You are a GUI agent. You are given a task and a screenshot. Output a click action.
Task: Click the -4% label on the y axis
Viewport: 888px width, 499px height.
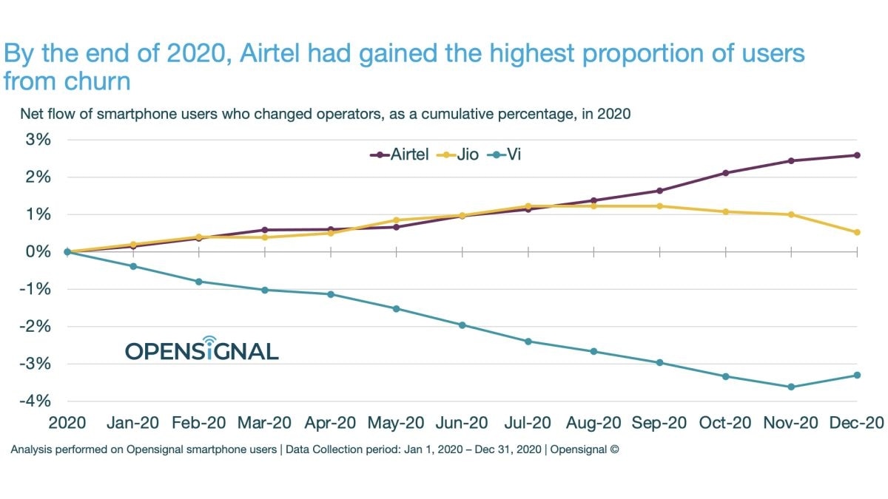(x=36, y=401)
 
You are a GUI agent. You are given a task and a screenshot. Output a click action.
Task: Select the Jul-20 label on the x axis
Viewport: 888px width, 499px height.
(x=528, y=424)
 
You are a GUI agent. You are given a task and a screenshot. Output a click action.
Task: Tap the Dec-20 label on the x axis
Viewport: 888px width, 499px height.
(x=857, y=424)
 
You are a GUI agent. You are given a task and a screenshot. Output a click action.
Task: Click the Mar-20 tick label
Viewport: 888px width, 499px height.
(x=264, y=424)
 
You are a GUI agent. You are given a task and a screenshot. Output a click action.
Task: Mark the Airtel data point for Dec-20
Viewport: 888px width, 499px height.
(x=857, y=155)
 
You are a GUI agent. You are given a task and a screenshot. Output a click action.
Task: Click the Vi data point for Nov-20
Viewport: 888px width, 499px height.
(x=791, y=387)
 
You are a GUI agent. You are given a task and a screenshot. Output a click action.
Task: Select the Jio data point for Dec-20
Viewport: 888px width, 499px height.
(x=857, y=232)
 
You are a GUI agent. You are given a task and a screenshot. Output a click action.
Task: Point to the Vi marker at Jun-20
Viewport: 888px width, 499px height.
(x=462, y=325)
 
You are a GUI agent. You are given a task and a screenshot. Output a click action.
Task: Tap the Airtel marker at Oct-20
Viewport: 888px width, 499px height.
(x=725, y=173)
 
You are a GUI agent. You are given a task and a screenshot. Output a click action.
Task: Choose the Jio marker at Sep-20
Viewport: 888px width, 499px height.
(x=659, y=206)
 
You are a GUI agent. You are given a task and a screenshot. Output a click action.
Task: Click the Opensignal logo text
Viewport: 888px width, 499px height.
(x=201, y=350)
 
